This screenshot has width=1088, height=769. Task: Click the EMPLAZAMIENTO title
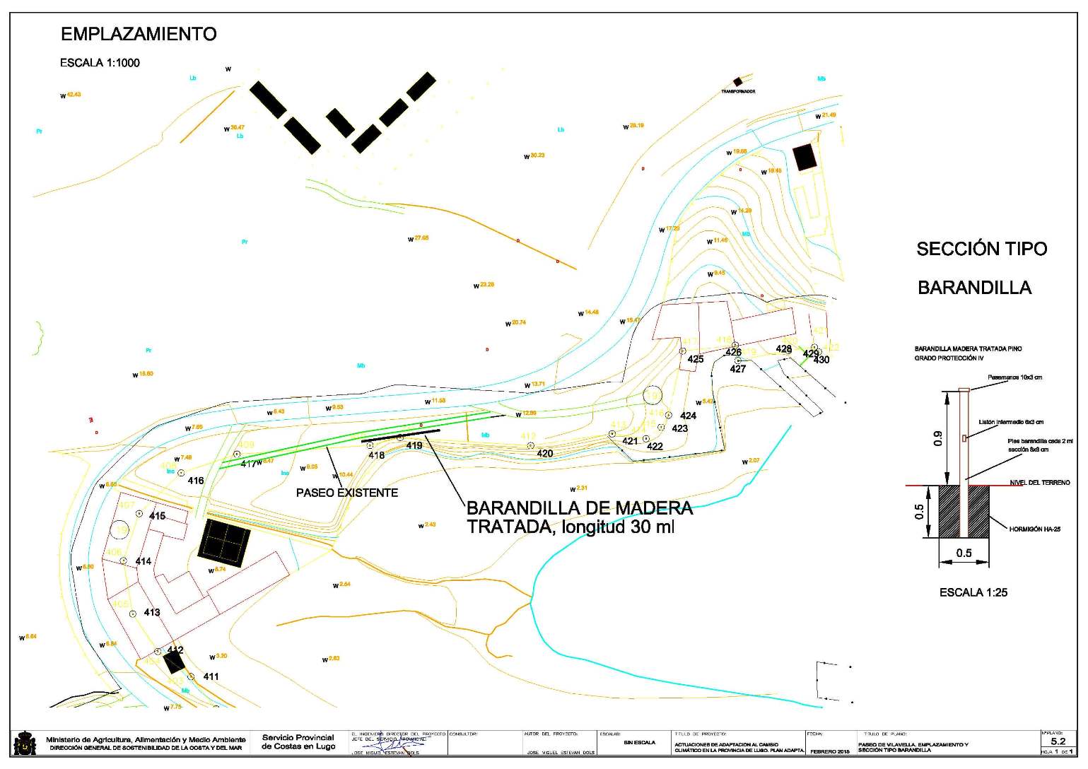139,33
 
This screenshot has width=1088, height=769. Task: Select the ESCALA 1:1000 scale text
100,63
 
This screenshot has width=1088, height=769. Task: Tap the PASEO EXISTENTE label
346,493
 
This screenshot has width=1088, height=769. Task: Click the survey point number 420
544,453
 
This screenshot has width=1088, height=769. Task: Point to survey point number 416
195,481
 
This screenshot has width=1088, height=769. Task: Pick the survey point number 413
151,612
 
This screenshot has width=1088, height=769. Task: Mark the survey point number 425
696,359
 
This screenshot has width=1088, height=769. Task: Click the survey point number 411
211,676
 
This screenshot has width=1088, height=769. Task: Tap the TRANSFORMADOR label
738,92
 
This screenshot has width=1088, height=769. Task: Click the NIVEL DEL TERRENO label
1039,483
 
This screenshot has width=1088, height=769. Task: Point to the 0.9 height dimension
938,439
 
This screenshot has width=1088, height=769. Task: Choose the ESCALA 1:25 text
973,592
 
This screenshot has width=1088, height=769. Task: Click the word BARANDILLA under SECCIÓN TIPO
974,288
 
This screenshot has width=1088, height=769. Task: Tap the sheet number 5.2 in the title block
1058,741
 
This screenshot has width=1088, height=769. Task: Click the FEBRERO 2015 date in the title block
830,751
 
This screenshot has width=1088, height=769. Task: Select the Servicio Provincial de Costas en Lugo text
298,742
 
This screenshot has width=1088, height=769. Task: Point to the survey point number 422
655,446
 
